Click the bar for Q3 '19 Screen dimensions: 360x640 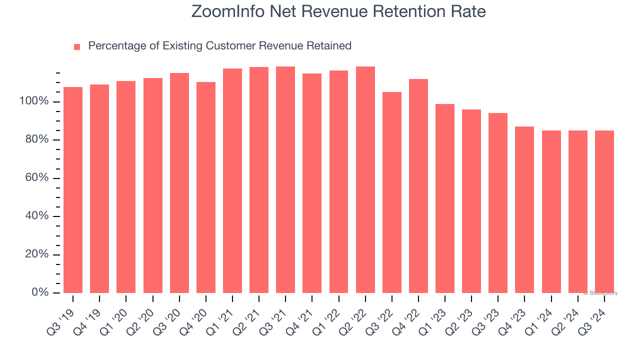tap(73, 190)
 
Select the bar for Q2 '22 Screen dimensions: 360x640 tap(365, 180)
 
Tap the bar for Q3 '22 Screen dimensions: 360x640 tap(392, 192)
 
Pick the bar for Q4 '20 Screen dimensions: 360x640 tap(206, 187)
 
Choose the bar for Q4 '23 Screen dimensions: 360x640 tap(524, 210)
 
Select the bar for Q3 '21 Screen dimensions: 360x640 tap(285, 180)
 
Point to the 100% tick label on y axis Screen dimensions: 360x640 tap(34, 101)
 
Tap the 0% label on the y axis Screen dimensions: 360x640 tap(40, 292)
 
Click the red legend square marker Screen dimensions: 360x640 tap(77, 47)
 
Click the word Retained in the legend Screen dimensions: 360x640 tap(329, 46)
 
